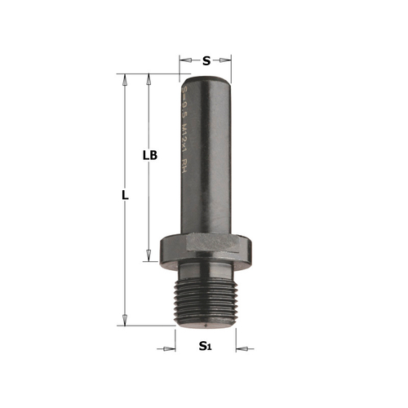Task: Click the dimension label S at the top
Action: click(x=206, y=60)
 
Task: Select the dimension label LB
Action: click(x=149, y=154)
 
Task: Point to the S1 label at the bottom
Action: click(x=206, y=348)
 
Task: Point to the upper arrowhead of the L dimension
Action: click(x=125, y=80)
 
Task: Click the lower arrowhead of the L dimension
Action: click(x=125, y=320)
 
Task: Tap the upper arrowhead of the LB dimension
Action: click(x=149, y=80)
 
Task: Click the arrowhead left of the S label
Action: click(x=184, y=60)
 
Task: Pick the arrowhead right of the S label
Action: click(x=228, y=60)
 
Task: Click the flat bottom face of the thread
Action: click(x=206, y=324)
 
